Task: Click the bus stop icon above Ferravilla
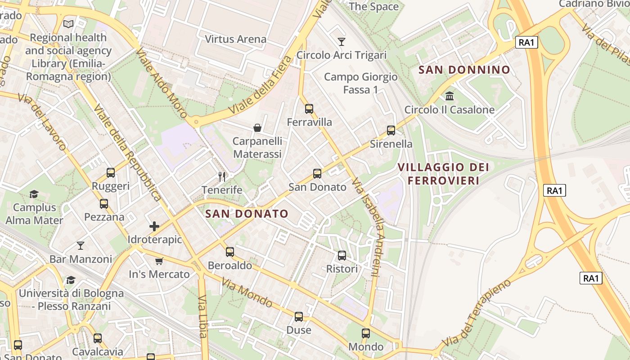(x=309, y=108)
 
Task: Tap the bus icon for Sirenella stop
(x=391, y=130)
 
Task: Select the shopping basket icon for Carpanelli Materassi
(x=257, y=128)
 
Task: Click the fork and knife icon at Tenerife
(x=221, y=176)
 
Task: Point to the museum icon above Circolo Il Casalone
(x=449, y=96)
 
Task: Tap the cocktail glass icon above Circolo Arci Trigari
(x=342, y=42)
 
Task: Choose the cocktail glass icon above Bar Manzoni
(x=81, y=246)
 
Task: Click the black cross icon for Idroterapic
(x=154, y=226)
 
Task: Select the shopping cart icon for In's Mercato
(x=159, y=261)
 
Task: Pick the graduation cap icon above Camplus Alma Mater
(x=34, y=194)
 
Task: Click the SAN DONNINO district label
(x=464, y=70)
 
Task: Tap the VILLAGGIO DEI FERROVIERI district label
(x=443, y=174)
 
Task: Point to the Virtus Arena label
(x=235, y=39)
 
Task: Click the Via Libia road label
(x=202, y=316)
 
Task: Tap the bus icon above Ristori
(x=342, y=256)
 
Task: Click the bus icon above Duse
(x=299, y=317)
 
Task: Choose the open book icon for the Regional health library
(x=68, y=24)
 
